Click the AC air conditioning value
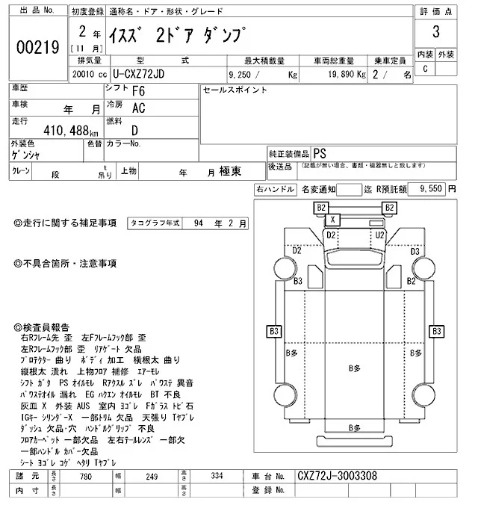[x=138, y=108]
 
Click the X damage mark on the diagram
[x=332, y=219]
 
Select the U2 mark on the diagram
[x=380, y=235]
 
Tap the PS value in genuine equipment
[x=320, y=152]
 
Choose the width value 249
[x=153, y=475]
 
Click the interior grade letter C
[x=426, y=69]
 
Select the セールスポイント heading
[x=235, y=90]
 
